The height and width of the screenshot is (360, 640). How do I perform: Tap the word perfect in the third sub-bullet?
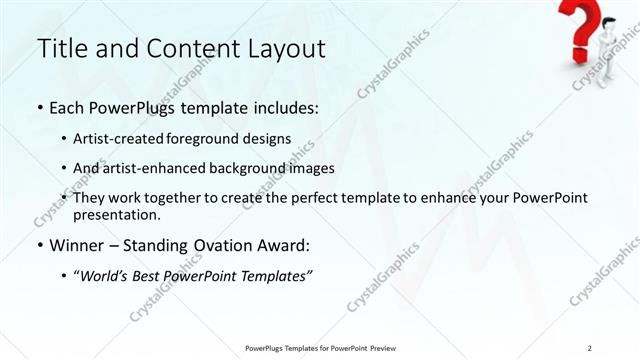[x=333, y=198]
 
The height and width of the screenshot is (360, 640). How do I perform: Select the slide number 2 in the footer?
[x=591, y=347]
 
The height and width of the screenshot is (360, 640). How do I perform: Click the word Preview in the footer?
[x=383, y=347]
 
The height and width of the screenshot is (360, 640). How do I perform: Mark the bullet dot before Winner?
[x=39, y=245]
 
